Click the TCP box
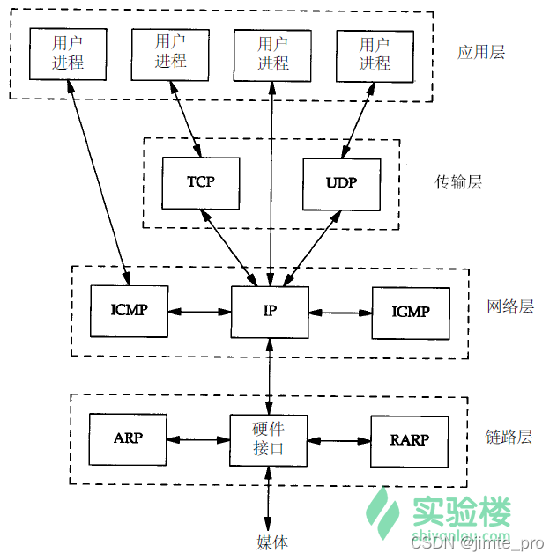tap(201, 182)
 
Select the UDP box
tap(341, 183)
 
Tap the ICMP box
tap(129, 311)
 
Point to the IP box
tap(270, 312)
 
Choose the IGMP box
tap(410, 312)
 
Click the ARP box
tap(129, 438)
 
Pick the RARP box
tap(409, 439)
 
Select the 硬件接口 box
tap(270, 439)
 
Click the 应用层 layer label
tap(481, 52)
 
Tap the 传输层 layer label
tap(458, 182)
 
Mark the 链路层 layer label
tap(509, 438)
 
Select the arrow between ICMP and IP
tap(199, 312)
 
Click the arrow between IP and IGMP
tap(340, 312)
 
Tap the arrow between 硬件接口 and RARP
tap(338, 439)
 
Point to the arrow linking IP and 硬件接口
tap(270, 376)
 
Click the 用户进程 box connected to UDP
tap(375, 53)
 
